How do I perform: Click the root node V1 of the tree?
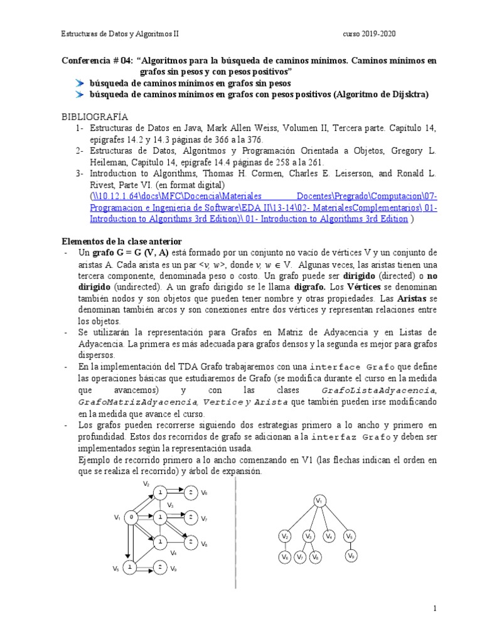coord(319,500)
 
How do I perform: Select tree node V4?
coord(329,537)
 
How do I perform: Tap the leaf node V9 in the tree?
coord(350,556)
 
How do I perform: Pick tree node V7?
coord(301,557)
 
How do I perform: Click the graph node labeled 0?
coord(131,517)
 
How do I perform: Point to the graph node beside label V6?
coord(190,492)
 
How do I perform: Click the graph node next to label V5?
coord(129,567)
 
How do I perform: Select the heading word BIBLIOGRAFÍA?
coord(94,117)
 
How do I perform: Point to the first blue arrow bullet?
coord(79,83)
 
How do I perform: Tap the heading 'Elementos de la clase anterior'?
coord(121,241)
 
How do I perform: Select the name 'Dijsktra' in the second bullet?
coord(407,95)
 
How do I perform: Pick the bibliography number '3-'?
coord(79,172)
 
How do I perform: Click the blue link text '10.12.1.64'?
coord(119,196)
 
